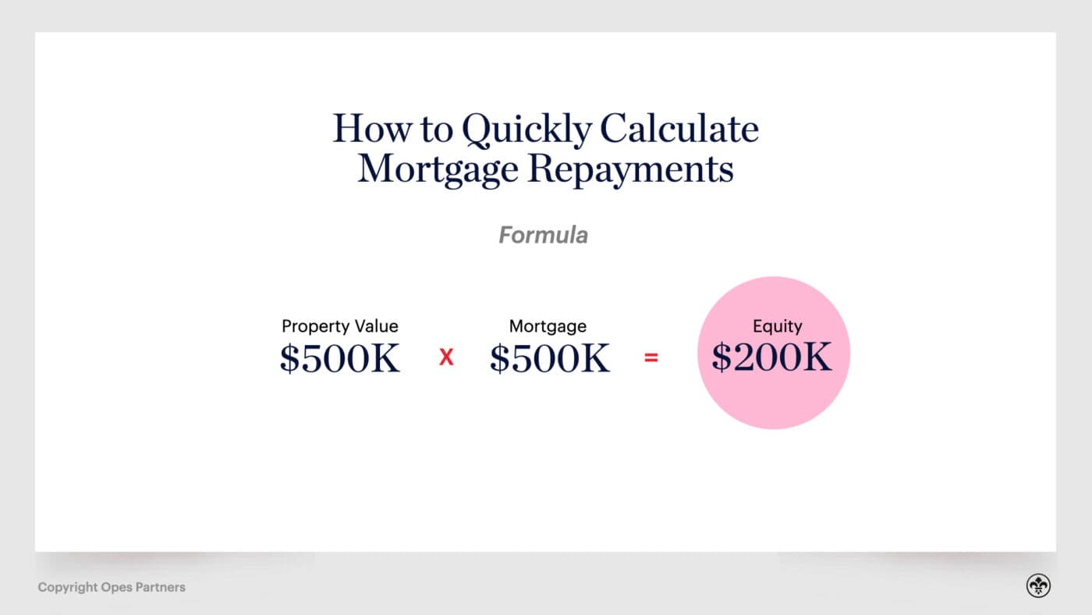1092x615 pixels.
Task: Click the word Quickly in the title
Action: (x=526, y=130)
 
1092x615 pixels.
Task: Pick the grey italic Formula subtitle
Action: (x=544, y=235)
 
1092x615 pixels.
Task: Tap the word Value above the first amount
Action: (x=372, y=326)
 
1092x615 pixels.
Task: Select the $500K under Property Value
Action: (x=340, y=358)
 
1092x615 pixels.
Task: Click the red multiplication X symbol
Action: (x=446, y=358)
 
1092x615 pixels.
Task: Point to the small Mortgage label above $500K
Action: (x=548, y=326)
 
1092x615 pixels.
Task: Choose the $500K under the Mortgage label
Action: (x=550, y=358)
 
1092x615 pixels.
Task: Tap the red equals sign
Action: (x=651, y=358)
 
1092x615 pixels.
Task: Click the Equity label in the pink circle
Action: (x=777, y=327)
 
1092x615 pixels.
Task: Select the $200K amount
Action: (x=772, y=357)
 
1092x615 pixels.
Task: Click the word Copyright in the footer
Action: (x=68, y=587)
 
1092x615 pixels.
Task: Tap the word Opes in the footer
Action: (x=116, y=587)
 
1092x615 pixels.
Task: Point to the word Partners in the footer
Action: (x=160, y=587)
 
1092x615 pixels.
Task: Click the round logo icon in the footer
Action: (x=1038, y=586)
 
